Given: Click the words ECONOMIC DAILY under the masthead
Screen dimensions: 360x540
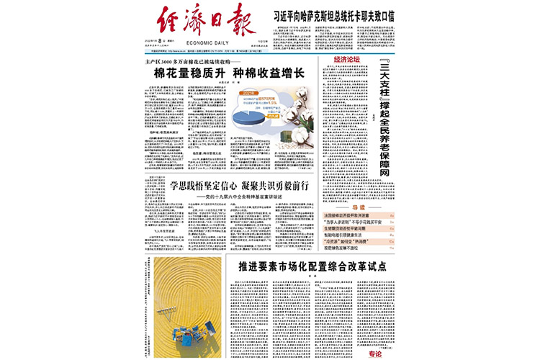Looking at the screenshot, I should tap(208, 42).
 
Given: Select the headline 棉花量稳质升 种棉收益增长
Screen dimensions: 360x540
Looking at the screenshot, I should tap(230, 73).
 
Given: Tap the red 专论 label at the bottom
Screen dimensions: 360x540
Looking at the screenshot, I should tap(375, 354).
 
